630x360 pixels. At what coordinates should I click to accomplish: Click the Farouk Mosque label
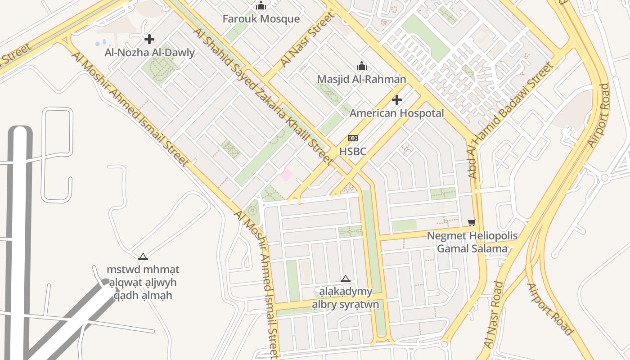tap(261, 19)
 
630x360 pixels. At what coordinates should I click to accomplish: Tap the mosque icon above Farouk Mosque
tap(261, 6)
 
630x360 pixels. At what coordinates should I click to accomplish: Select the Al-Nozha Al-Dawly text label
tap(149, 53)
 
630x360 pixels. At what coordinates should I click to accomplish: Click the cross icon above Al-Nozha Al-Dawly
tap(149, 40)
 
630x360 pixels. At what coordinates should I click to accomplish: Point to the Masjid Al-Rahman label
tap(361, 79)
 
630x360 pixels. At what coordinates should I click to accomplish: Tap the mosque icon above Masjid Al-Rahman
tap(361, 66)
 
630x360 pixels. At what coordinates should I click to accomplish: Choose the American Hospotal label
tap(396, 113)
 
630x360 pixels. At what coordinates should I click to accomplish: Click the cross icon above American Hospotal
tap(396, 100)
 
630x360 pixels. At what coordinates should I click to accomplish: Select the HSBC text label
tap(352, 152)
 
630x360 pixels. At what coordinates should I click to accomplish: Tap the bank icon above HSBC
tap(353, 138)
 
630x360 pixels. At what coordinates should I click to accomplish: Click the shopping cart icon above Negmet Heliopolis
tap(472, 222)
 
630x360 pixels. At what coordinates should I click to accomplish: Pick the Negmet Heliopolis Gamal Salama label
tap(472, 242)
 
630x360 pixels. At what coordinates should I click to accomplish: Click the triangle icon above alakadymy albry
tap(345, 279)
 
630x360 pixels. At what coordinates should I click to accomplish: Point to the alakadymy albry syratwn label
tap(345, 298)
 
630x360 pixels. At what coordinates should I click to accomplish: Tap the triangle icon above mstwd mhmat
tap(143, 257)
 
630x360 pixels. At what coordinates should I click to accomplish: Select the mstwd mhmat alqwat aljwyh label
tap(143, 283)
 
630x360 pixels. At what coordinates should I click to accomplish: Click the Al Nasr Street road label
tap(308, 40)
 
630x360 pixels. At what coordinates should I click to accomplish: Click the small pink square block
tap(286, 174)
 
